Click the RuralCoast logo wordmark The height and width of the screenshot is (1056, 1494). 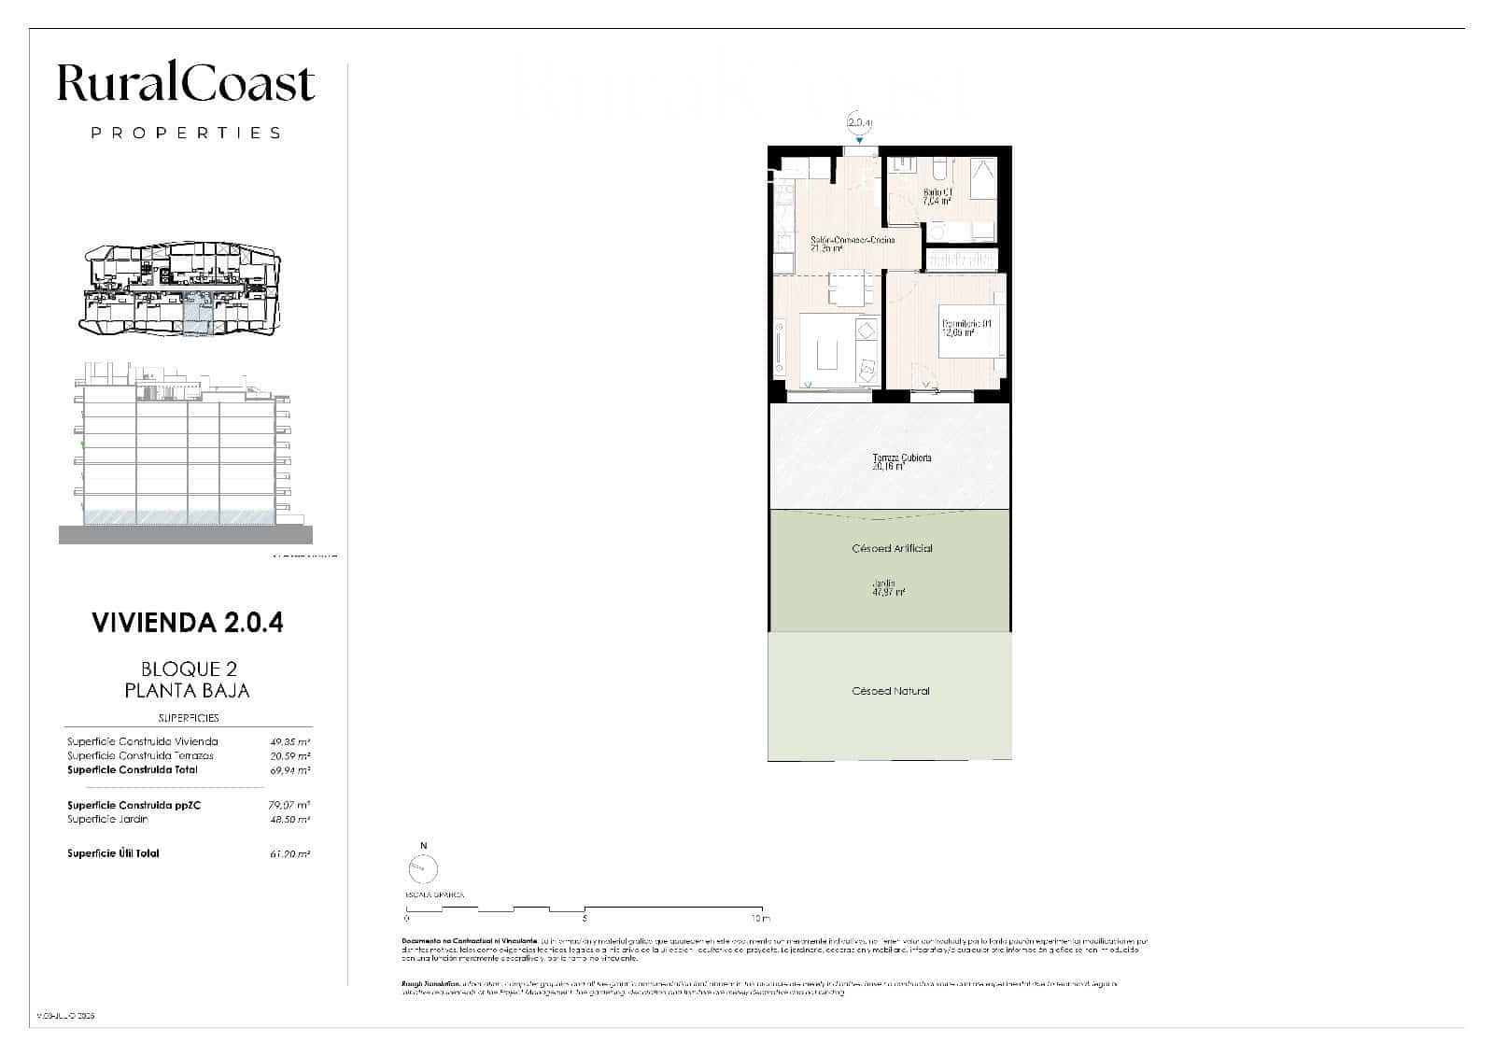(x=186, y=84)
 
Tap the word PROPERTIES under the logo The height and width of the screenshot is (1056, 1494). (x=186, y=134)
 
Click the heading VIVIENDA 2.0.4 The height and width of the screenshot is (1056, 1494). (x=188, y=623)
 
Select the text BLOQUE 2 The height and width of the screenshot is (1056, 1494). (x=188, y=669)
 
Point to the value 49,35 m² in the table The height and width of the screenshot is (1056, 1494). (x=289, y=742)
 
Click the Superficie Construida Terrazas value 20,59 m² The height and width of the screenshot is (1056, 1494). (x=289, y=756)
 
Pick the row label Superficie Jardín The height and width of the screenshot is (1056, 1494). (x=107, y=820)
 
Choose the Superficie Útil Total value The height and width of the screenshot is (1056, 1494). (x=289, y=854)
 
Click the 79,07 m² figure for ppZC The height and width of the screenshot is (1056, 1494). (x=289, y=805)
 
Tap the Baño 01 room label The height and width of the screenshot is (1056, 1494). (x=937, y=196)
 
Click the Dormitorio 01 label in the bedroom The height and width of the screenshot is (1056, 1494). (x=965, y=327)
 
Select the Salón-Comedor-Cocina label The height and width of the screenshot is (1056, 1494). (x=853, y=244)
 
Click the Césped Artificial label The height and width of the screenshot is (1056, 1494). (x=892, y=549)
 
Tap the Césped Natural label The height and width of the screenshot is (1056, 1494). (x=891, y=692)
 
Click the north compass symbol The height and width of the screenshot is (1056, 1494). (x=423, y=869)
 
